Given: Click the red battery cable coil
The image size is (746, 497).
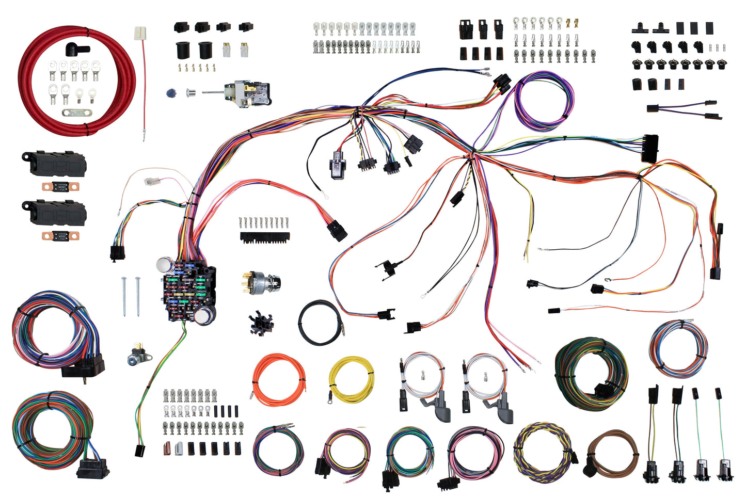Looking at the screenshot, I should tap(31, 103).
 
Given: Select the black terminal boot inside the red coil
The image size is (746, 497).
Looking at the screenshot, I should tap(76, 50).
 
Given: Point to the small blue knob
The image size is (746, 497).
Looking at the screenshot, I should tap(171, 93).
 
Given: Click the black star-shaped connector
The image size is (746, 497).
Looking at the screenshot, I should tap(261, 324).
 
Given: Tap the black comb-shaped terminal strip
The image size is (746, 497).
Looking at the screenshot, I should tap(265, 237).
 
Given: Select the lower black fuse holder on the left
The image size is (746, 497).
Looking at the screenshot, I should tap(54, 212).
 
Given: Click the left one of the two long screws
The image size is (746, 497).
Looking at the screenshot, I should tap(125, 296).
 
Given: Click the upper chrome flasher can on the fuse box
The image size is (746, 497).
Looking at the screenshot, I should tap(165, 265).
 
